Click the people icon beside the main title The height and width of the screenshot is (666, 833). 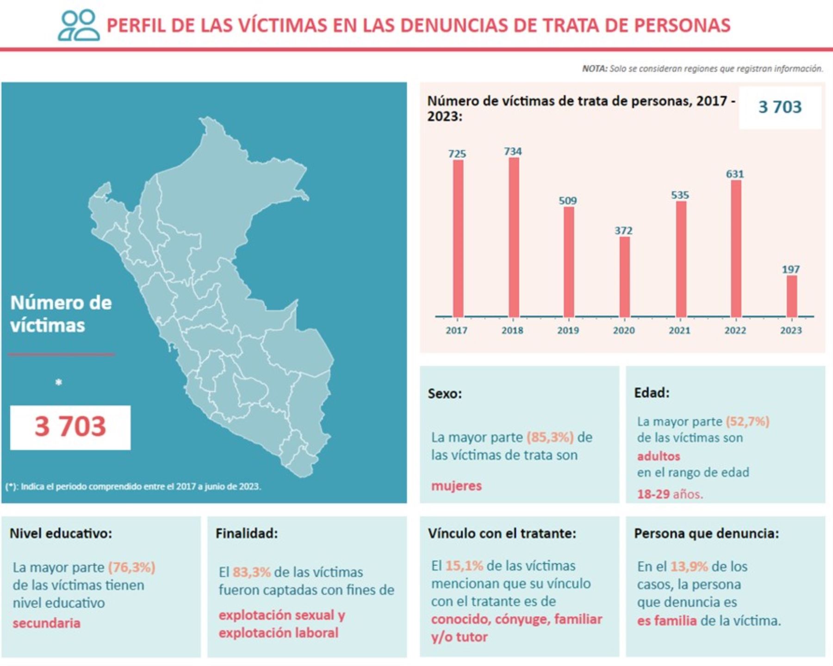click(x=79, y=25)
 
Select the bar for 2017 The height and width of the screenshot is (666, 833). click(x=458, y=238)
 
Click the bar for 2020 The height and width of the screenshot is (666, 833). click(x=624, y=277)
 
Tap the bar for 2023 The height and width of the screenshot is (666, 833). click(x=791, y=296)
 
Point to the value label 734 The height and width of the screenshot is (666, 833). click(x=513, y=151)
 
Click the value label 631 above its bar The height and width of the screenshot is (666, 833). click(x=735, y=174)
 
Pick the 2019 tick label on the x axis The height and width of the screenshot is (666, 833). click(x=568, y=330)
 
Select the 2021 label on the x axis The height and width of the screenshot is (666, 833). click(x=679, y=330)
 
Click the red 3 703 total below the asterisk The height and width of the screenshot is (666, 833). click(x=70, y=426)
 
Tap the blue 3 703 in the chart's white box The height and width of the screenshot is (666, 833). click(x=780, y=107)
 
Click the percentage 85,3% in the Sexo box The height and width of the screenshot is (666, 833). click(x=550, y=437)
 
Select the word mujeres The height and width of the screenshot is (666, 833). click(x=456, y=486)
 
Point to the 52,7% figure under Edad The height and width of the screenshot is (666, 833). click(x=747, y=422)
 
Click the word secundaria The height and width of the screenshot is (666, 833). click(x=46, y=623)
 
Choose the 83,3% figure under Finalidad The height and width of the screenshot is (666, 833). click(x=251, y=573)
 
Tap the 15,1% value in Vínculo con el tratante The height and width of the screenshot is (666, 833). click(x=464, y=566)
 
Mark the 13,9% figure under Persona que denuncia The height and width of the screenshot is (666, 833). click(x=689, y=566)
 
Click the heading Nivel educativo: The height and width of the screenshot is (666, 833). click(x=61, y=533)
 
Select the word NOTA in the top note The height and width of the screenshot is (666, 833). click(x=594, y=69)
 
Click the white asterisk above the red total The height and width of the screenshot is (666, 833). click(x=58, y=382)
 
